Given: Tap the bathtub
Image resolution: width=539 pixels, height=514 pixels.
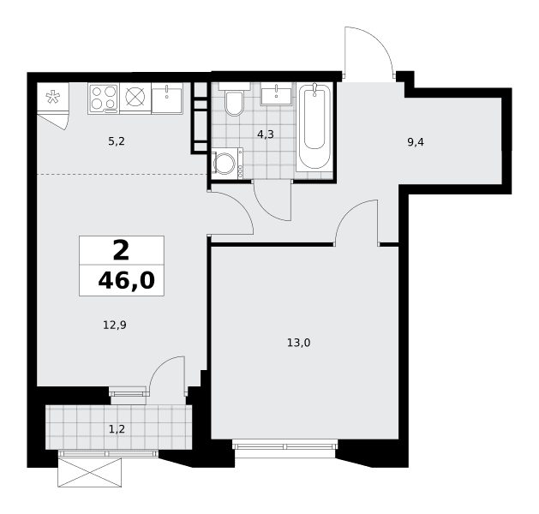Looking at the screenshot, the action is (x=314, y=127).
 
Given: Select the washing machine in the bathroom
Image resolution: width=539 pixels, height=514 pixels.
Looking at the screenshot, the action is (x=227, y=164).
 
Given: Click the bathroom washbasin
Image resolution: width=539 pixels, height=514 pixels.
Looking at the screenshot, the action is (x=277, y=93).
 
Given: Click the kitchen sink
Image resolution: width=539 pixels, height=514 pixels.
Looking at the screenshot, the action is (x=167, y=99).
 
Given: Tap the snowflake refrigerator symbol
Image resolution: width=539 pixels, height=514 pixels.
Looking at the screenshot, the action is (x=53, y=97).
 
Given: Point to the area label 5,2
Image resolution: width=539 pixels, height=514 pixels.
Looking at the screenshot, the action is (x=117, y=141).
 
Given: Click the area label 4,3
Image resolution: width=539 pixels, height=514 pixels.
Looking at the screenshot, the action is (x=266, y=134).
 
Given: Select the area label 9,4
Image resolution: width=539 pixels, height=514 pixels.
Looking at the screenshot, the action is (x=416, y=142).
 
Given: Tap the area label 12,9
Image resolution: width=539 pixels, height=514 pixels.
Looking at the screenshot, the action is (x=115, y=325).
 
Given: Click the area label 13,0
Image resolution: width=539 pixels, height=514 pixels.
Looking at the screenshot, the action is (x=299, y=343).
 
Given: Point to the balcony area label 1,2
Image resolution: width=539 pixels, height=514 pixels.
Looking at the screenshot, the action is (x=117, y=429).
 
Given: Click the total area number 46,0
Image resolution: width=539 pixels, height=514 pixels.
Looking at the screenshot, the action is (x=127, y=281).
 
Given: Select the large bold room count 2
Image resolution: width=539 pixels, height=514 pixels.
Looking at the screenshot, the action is (x=121, y=250).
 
